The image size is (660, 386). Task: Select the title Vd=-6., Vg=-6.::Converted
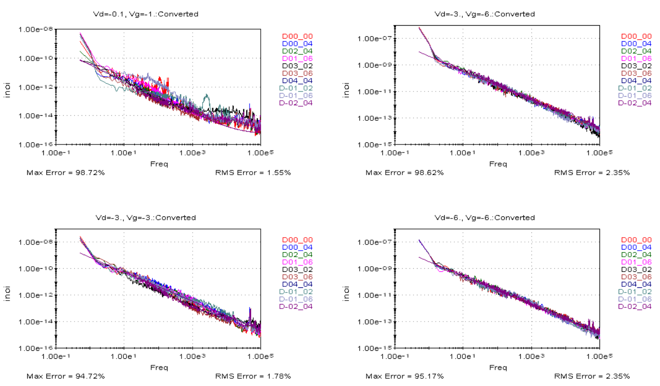coord(485,218)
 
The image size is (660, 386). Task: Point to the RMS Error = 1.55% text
coord(253,173)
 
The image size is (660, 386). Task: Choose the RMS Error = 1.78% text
coord(253,376)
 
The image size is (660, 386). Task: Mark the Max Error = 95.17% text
coord(405,376)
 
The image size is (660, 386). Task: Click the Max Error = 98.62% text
coord(405,173)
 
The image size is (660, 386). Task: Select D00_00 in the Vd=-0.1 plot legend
coord(297,36)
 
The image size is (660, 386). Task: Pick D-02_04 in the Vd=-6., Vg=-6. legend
coord(636,306)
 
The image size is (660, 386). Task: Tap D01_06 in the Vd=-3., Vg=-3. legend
coord(297,262)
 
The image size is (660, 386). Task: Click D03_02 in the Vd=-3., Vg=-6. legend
coord(636,66)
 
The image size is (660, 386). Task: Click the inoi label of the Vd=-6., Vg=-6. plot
coord(346,295)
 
